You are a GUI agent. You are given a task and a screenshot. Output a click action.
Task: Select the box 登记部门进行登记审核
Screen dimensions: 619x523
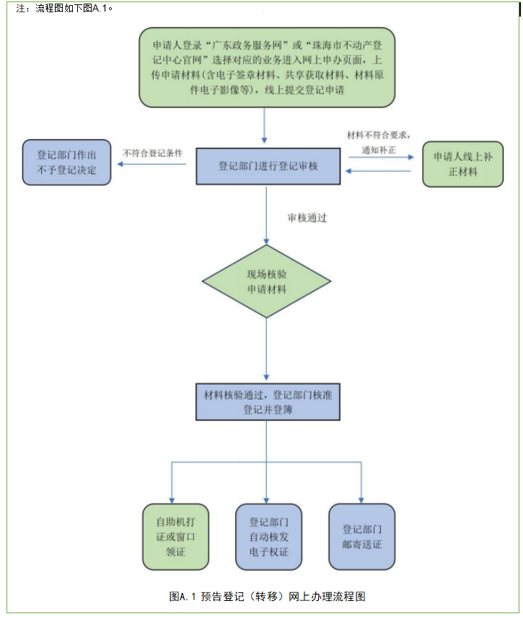coord(268,166)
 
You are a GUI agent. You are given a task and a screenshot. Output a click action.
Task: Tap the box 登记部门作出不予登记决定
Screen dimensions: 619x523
coord(67,162)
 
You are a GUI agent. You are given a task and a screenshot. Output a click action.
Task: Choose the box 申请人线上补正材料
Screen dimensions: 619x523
coord(462,164)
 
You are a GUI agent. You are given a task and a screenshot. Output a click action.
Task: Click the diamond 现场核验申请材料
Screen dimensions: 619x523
coord(266,281)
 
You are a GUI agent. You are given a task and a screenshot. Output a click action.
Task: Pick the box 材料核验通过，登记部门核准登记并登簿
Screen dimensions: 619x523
coord(266,402)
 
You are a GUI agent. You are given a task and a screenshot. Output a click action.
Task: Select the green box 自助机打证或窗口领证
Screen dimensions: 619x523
coord(175,536)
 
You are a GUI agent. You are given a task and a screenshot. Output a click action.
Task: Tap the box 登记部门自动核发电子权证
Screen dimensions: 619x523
coord(268,536)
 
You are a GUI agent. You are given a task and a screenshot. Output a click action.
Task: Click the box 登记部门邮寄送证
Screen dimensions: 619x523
coord(361,536)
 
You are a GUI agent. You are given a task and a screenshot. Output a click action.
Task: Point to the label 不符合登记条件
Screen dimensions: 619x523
coord(153,154)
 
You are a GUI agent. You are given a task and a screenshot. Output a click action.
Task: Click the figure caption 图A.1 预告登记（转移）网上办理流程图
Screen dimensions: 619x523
coord(268,597)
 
